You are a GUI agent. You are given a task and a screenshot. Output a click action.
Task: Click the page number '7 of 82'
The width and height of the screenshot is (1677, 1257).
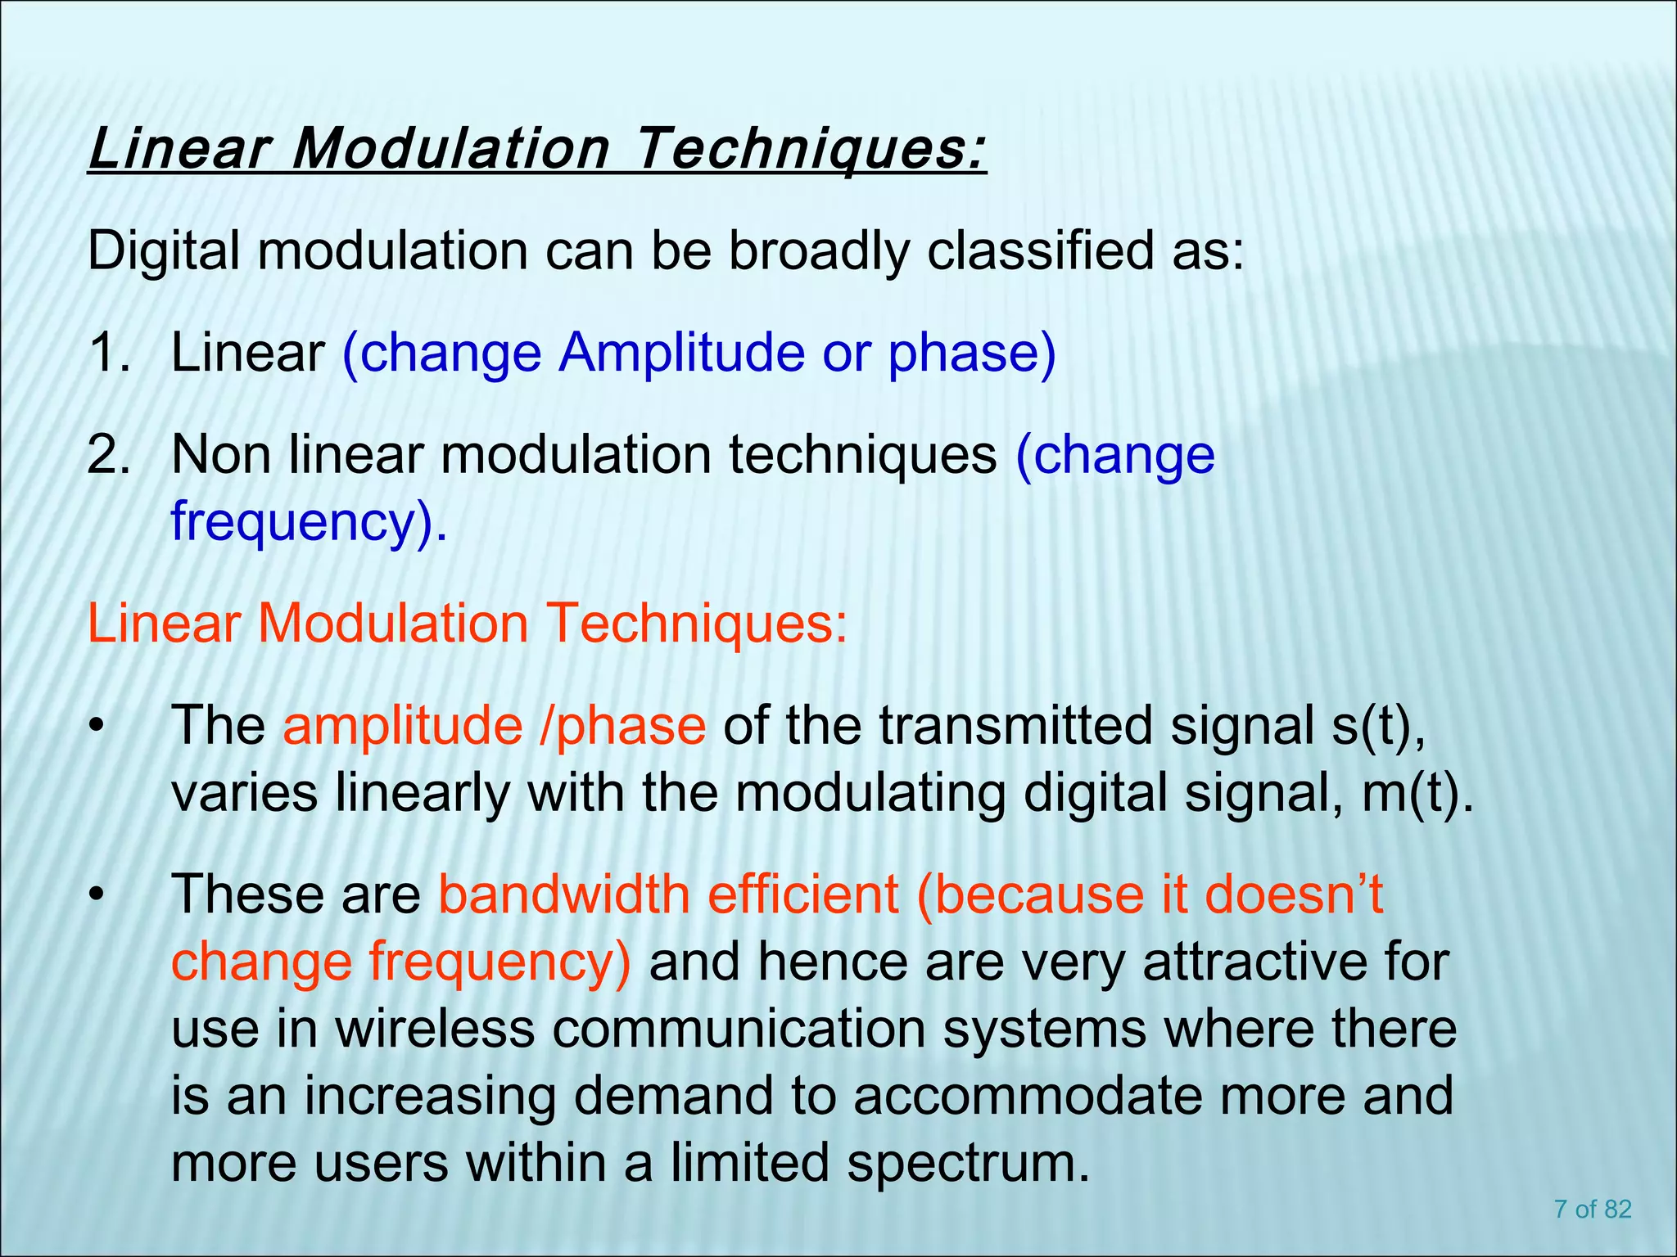pyautogui.click(x=1593, y=1210)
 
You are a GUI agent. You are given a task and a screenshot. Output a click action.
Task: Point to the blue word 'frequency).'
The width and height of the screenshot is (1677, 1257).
pyautogui.click(x=310, y=521)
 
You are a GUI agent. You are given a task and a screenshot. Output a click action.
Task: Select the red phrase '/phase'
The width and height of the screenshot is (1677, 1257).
pyautogui.click(x=622, y=726)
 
